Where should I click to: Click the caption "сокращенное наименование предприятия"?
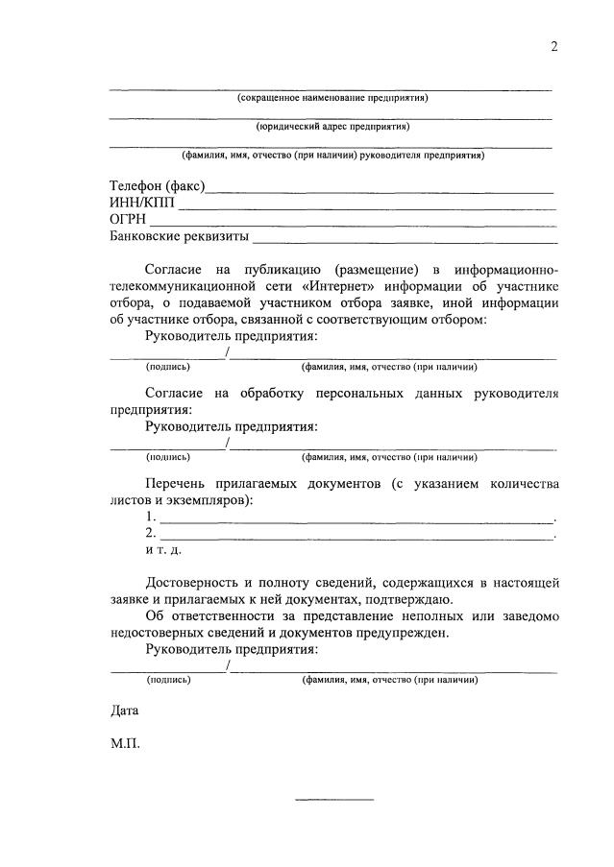pos(332,98)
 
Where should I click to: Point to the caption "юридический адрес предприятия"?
pos(332,126)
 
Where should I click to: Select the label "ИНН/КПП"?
pos(142,202)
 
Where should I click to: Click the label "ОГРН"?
pos(129,219)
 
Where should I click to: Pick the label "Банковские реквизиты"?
pos(179,235)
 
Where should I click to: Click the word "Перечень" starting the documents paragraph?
pos(176,483)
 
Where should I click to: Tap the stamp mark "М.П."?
pos(126,744)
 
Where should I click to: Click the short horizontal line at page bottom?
pos(332,799)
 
